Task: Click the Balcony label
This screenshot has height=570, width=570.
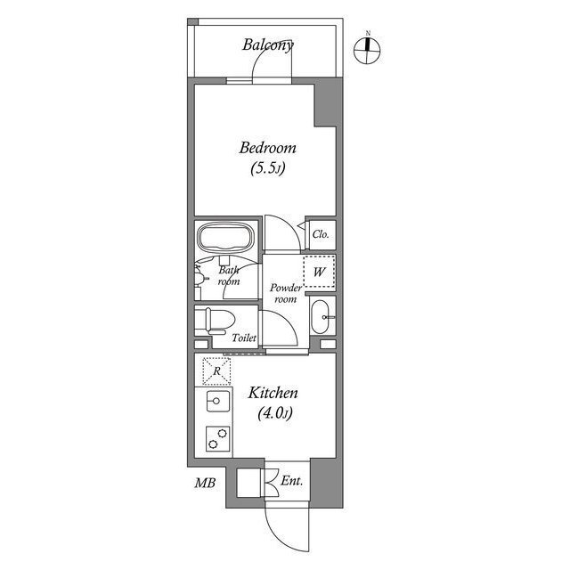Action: click(x=268, y=44)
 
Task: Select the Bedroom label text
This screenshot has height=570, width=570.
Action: click(x=267, y=148)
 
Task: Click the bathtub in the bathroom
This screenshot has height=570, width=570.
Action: click(x=225, y=239)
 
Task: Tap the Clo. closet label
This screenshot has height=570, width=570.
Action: click(x=322, y=234)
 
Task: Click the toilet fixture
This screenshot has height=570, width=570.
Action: click(x=216, y=321)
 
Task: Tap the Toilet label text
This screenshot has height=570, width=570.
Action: click(x=244, y=338)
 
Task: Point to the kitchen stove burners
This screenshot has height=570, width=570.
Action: click(x=216, y=438)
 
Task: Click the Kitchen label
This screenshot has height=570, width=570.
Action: click(x=273, y=393)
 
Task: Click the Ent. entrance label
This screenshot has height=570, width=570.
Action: click(x=291, y=482)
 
